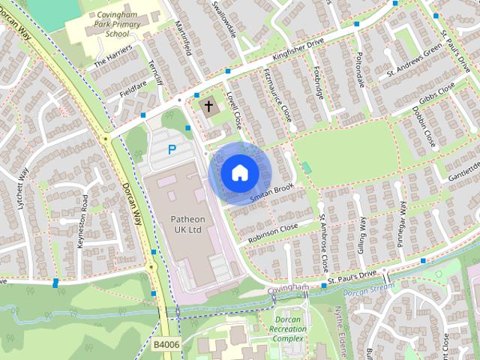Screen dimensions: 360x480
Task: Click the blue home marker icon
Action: tap(238, 173)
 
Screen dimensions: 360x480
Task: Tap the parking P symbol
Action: tap(172, 149)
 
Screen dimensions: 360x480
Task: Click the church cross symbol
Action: tap(208, 106)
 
